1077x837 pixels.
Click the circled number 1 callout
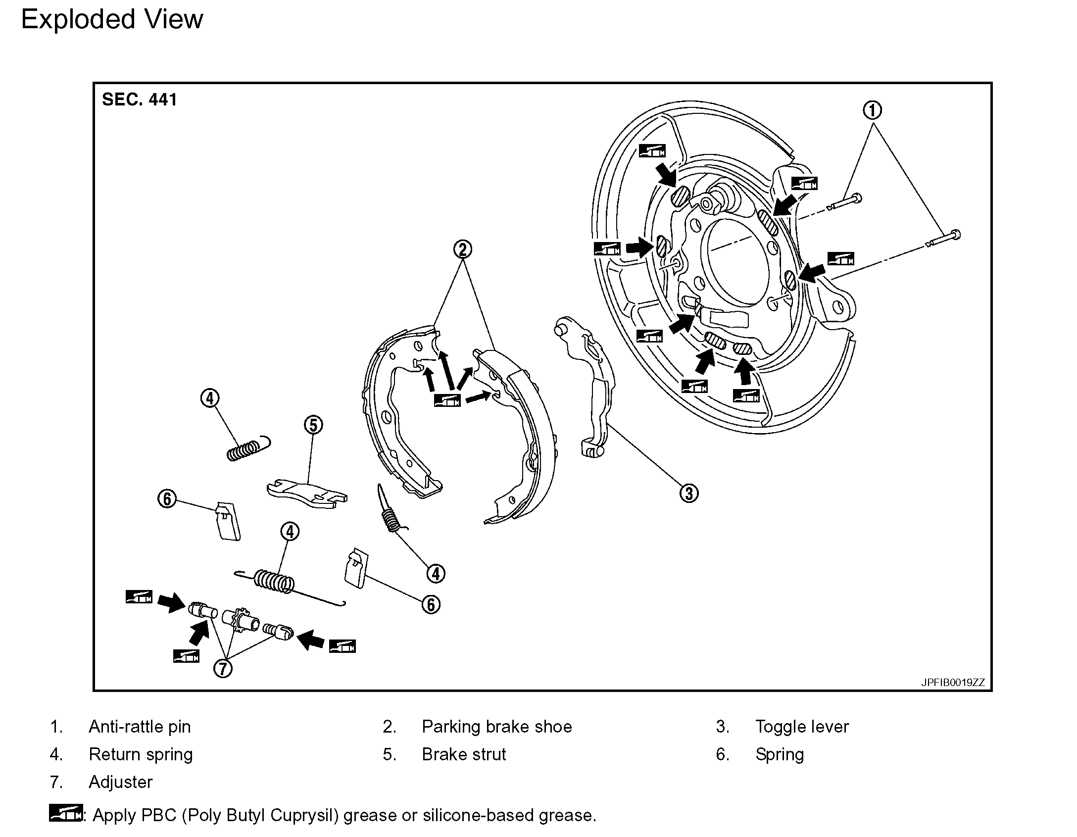tap(872, 110)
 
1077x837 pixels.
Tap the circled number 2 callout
tap(463, 248)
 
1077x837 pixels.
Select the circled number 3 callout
tap(689, 493)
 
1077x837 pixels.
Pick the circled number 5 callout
tap(313, 425)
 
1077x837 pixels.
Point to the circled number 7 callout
tap(223, 669)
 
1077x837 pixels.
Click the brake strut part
tap(307, 493)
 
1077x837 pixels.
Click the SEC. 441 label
tap(139, 100)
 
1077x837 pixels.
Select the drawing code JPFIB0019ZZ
tap(953, 683)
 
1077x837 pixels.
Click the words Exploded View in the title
tap(112, 20)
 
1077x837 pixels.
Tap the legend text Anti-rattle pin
tap(140, 727)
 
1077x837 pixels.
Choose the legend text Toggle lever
tap(802, 727)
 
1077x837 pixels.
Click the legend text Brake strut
tap(464, 754)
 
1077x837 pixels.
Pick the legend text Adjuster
tap(120, 782)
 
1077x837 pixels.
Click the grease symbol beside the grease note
tap(65, 813)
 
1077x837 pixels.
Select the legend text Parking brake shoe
tap(496, 727)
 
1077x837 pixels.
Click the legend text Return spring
tap(141, 754)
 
